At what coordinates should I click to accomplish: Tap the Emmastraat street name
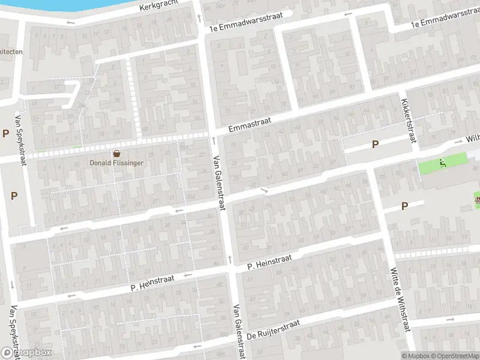pos(250,125)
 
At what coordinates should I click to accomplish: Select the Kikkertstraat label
pos(409,121)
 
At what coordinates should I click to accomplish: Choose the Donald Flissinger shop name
pos(116,162)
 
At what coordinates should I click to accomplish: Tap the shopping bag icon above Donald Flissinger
pos(116,152)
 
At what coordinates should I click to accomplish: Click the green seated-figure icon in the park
pos(443,162)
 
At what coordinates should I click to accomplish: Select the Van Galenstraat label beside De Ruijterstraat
pos(239,332)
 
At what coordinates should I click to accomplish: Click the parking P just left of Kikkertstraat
pos(376,144)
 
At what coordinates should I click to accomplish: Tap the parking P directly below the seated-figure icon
pos(404,206)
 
